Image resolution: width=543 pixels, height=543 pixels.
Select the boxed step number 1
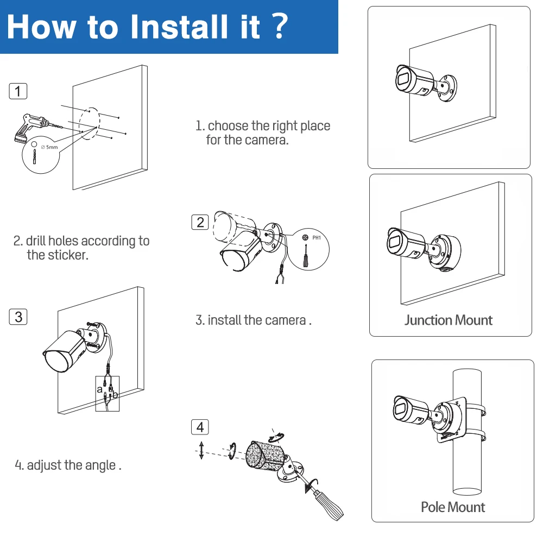18,91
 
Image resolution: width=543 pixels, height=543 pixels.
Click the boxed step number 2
200,222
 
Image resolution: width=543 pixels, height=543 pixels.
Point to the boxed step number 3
18,317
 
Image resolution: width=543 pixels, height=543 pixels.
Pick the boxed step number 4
200,427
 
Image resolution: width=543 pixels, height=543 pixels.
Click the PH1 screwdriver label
318,238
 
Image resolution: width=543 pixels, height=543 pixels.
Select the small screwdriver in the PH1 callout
306,255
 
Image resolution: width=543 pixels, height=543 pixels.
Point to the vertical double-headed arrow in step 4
201,450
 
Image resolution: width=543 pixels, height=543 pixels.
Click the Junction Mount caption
448,320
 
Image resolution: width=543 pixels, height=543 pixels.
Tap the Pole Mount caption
453,507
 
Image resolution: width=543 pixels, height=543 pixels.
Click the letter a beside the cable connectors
100,389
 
